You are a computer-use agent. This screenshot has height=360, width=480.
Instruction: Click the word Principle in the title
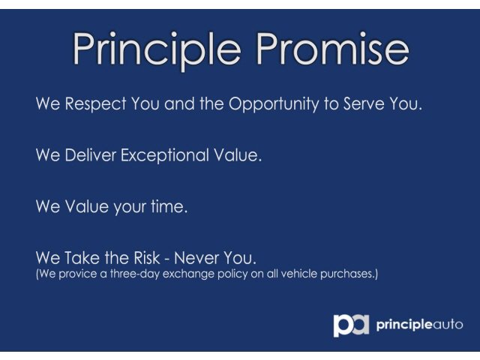click(157, 50)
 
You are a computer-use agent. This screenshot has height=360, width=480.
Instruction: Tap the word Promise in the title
click(333, 48)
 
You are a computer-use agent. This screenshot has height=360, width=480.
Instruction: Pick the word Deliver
click(91, 155)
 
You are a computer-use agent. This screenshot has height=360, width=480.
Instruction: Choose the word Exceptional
click(165, 156)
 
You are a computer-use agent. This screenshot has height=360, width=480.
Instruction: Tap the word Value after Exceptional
click(238, 155)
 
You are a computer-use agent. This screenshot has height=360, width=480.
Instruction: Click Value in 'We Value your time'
click(87, 206)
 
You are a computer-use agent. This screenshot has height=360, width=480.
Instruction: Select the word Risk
click(147, 258)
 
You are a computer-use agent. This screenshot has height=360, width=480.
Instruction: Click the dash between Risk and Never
click(166, 259)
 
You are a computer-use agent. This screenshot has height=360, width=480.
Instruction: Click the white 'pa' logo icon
click(351, 325)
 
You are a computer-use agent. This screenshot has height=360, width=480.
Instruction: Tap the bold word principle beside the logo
click(404, 325)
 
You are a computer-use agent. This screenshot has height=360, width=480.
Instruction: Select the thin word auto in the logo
click(448, 325)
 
